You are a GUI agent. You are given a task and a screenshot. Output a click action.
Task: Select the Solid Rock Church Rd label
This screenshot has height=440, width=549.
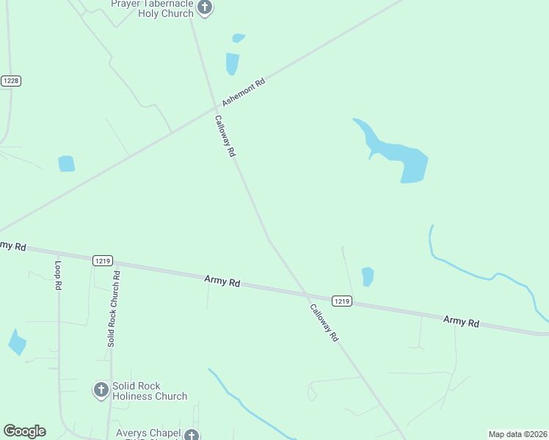pos(114,308)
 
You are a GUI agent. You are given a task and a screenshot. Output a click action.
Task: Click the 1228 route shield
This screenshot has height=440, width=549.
pos(10,81)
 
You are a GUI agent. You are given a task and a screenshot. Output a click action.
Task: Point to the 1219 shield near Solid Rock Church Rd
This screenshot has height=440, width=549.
pos(103,260)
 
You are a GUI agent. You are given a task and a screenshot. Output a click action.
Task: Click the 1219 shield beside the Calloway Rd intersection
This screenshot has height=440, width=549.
pos(341,301)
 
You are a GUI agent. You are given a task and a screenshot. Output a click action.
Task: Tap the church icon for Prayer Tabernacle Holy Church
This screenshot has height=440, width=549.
pos(205,8)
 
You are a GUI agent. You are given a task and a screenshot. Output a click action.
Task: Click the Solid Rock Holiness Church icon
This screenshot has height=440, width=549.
pos(101,390)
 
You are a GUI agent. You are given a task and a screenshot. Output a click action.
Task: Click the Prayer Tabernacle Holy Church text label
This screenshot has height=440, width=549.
pos(152,8)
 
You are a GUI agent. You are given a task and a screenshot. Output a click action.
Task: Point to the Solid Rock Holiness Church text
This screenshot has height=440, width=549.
pos(150,391)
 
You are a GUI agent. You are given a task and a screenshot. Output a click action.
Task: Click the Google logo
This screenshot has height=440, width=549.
pos(24,431)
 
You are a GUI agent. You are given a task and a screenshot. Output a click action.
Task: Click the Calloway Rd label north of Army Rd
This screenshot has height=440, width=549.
pos(225,136)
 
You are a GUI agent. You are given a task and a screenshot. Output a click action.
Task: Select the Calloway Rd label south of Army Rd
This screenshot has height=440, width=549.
pos(324,323)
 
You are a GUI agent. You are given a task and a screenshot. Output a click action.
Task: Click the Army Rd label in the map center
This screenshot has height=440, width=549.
pos(222,281)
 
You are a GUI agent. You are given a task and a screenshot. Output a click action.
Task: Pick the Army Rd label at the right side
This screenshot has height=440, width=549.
pos(461,321)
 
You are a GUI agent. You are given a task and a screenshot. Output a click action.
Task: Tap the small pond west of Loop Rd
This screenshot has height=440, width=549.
pos(17,342)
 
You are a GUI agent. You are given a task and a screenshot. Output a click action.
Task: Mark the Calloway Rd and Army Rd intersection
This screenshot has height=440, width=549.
pos(307,295)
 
